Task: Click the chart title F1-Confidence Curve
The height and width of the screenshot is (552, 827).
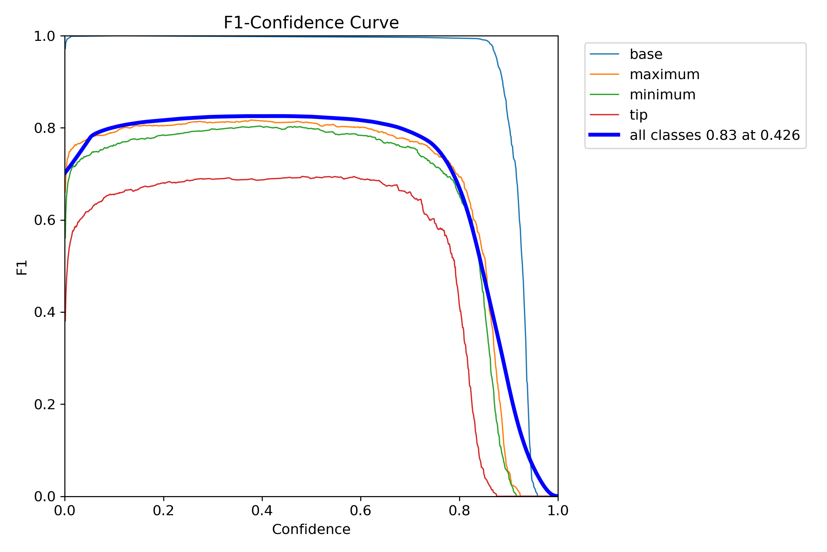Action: click(311, 23)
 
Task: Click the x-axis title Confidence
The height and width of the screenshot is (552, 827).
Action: click(311, 529)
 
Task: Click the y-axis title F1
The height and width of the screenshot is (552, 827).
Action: click(22, 267)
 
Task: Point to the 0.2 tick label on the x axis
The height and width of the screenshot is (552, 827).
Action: click(164, 510)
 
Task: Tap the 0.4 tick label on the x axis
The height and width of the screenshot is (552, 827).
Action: click(262, 510)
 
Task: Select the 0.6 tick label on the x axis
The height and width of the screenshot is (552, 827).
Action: click(361, 510)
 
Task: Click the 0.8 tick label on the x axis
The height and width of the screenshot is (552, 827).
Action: click(459, 510)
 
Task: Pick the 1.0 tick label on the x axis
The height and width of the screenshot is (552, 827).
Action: click(558, 510)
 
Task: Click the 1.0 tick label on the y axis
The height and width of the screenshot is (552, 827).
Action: click(44, 36)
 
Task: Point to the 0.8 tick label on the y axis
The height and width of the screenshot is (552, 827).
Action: click(44, 128)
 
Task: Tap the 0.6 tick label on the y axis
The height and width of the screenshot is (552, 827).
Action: click(44, 220)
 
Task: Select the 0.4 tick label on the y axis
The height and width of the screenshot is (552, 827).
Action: click(44, 312)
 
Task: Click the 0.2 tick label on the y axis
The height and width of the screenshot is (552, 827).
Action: click(44, 404)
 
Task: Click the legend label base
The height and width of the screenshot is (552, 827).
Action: click(646, 54)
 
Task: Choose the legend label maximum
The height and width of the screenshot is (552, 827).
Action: click(665, 74)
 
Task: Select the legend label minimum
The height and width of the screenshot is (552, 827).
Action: click(662, 95)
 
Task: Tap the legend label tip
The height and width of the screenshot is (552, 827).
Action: click(638, 115)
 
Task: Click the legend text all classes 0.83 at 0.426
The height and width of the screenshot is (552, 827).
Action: click(715, 135)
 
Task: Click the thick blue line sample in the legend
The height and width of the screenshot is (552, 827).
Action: click(604, 135)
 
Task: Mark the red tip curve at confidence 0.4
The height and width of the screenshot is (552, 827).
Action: click(262, 180)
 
